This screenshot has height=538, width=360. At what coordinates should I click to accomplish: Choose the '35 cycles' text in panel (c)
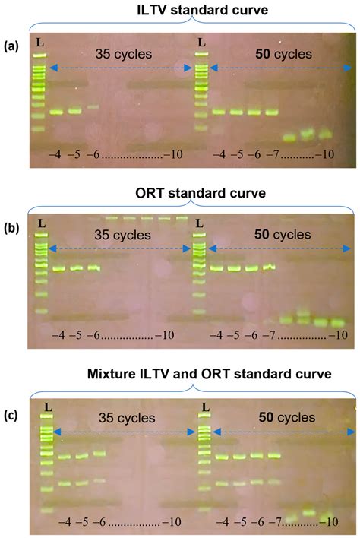125,418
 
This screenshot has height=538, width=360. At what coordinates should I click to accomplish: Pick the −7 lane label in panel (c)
278,523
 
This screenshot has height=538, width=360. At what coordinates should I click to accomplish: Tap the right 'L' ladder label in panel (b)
199,223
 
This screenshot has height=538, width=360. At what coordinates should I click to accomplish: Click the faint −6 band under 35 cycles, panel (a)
93,107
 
